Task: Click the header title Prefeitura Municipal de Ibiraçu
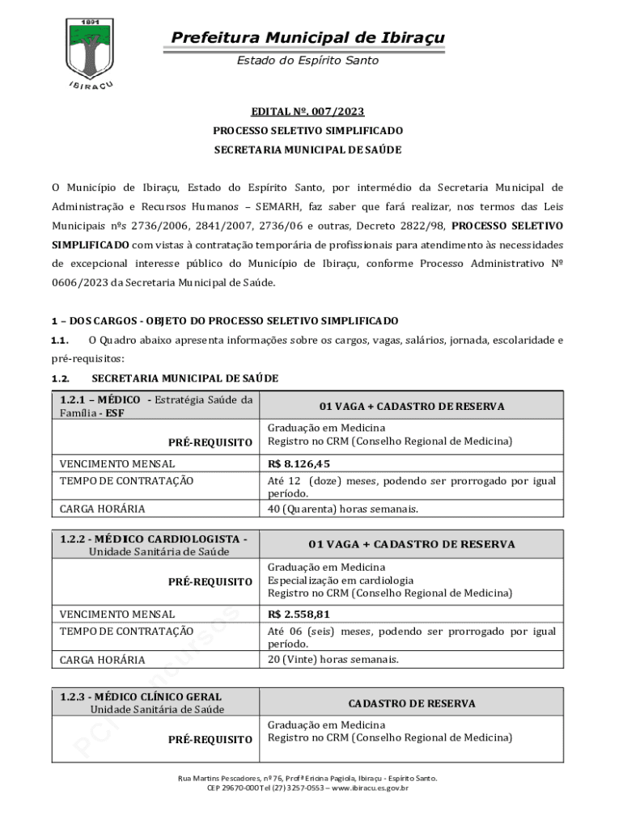click(x=307, y=38)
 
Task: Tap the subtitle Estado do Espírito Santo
click(x=307, y=61)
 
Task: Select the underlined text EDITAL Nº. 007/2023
click(x=307, y=111)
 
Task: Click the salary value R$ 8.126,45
click(x=299, y=463)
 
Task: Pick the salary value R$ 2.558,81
click(x=299, y=614)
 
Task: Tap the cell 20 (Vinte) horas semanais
click(x=333, y=660)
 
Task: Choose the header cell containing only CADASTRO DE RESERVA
click(x=412, y=703)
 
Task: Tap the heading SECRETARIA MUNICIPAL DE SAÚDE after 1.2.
click(x=184, y=378)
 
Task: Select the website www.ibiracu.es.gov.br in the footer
click(x=369, y=788)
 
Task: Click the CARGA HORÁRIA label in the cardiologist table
click(x=103, y=660)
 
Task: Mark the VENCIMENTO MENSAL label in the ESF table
click(x=117, y=463)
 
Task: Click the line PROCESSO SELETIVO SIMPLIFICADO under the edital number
click(x=307, y=130)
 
